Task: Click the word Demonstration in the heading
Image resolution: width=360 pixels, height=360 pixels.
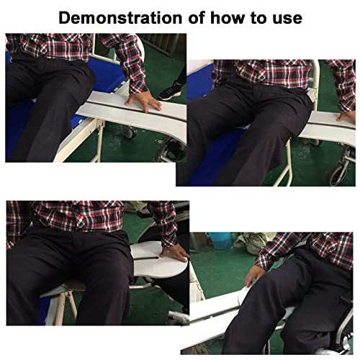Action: click(x=120, y=18)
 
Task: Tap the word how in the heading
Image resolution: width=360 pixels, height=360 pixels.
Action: click(x=228, y=18)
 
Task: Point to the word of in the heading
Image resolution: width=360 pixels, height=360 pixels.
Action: click(x=197, y=18)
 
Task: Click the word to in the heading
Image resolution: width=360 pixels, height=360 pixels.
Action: click(x=259, y=19)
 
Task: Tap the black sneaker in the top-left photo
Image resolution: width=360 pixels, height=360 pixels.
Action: click(x=171, y=91)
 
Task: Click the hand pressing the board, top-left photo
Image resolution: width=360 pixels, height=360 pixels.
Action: click(x=143, y=103)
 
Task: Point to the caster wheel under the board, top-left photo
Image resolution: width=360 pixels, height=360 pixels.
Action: click(x=129, y=132)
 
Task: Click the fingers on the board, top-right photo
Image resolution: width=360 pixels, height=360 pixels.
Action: click(x=345, y=117)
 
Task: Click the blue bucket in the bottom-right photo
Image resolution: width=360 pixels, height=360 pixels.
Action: click(x=220, y=240)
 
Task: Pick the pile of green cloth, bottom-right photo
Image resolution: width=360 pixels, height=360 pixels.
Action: click(x=252, y=242)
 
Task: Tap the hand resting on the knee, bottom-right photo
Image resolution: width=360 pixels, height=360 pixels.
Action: click(x=255, y=275)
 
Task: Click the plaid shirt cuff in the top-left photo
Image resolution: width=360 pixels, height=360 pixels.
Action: click(x=138, y=87)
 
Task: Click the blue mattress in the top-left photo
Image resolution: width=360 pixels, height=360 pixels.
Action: click(x=108, y=74)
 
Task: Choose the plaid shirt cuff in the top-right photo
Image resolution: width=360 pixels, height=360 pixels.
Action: click(x=347, y=106)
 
